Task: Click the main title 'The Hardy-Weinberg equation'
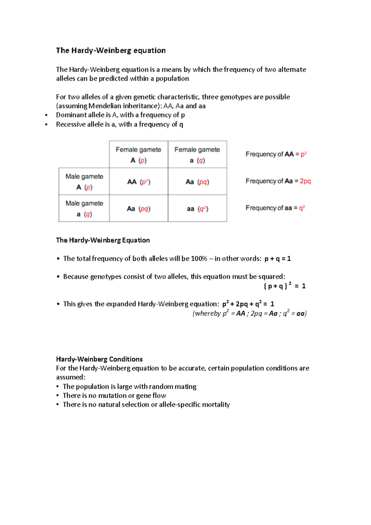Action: pyautogui.click(x=111, y=50)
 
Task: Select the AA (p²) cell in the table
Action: pyautogui.click(x=139, y=182)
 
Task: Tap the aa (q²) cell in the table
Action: pyautogui.click(x=197, y=209)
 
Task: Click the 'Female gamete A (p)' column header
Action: pyautogui.click(x=139, y=155)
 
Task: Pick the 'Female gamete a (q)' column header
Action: pyautogui.click(x=197, y=155)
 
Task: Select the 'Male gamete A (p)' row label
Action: pyautogui.click(x=84, y=181)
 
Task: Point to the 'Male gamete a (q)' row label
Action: pyautogui.click(x=84, y=208)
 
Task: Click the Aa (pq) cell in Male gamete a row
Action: pyautogui.click(x=139, y=209)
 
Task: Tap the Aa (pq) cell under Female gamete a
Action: pyautogui.click(x=197, y=182)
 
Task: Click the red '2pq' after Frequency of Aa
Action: pyautogui.click(x=305, y=181)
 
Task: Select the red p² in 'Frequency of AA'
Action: pyautogui.click(x=303, y=154)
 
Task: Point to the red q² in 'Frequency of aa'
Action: pyautogui.click(x=302, y=208)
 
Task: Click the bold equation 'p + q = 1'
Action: pyautogui.click(x=278, y=258)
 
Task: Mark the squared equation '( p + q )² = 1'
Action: pyautogui.click(x=284, y=286)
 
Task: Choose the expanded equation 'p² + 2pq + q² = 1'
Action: pyautogui.click(x=248, y=304)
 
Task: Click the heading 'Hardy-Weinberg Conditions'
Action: pyautogui.click(x=99, y=359)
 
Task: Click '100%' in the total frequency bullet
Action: pyautogui.click(x=199, y=258)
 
